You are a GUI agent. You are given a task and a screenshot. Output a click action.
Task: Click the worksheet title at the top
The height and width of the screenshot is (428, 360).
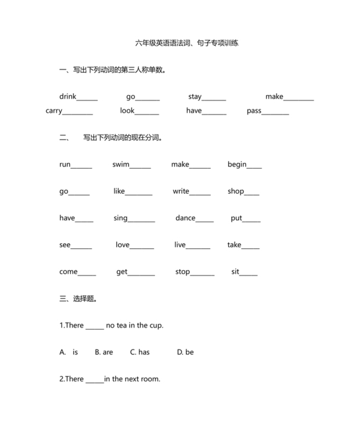click(x=190, y=43)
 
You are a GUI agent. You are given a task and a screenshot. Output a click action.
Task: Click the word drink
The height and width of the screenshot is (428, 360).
click(x=67, y=97)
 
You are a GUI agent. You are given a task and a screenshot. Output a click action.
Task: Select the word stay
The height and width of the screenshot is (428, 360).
click(x=195, y=97)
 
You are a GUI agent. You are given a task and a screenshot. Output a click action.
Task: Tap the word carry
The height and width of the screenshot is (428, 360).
click(x=54, y=111)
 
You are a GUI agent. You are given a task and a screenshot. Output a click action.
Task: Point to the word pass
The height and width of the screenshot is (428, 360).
click(x=254, y=111)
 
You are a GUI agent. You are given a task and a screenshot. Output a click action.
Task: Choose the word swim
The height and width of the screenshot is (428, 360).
click(x=121, y=164)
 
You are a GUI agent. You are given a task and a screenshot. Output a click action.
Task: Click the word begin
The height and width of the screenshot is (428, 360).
click(x=237, y=164)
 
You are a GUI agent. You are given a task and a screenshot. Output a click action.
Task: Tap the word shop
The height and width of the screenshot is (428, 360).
click(x=235, y=191)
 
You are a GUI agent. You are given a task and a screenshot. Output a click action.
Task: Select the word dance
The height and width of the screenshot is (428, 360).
click(x=185, y=218)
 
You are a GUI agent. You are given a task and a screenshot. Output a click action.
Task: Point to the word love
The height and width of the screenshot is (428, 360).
click(x=123, y=245)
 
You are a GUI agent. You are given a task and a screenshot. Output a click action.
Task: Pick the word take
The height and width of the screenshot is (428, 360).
click(x=234, y=245)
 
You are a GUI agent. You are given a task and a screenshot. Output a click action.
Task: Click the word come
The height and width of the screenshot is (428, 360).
click(x=68, y=272)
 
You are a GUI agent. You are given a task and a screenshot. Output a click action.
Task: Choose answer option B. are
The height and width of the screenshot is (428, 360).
click(x=104, y=352)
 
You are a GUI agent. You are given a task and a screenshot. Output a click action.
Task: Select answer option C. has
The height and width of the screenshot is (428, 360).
click(x=139, y=352)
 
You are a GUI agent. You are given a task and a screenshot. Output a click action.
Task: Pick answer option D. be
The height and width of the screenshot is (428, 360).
click(x=185, y=352)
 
